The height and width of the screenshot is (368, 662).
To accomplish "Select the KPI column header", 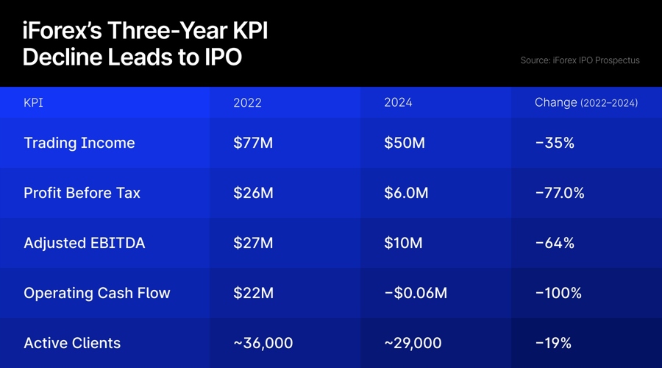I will click(33, 103).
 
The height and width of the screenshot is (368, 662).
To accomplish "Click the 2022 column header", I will click(247, 103).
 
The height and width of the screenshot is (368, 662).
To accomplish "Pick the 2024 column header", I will click(398, 103).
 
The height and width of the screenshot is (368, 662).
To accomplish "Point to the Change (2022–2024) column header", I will click(586, 103).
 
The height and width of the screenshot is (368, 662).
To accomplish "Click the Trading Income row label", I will click(79, 143).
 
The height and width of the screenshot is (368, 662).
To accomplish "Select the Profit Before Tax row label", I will click(82, 193).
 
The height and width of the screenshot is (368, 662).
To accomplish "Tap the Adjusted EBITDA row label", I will click(84, 243).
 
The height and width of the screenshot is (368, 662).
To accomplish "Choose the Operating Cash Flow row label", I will click(96, 293).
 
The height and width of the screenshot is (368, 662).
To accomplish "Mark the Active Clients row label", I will click(72, 343).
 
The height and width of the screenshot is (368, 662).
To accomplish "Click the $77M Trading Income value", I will click(253, 143).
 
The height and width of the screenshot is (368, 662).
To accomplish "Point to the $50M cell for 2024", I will click(405, 143).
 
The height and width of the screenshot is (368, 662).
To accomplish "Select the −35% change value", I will click(555, 143).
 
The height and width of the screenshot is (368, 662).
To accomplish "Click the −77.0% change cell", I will click(560, 193).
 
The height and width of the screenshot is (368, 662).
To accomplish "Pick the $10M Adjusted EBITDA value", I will click(403, 243).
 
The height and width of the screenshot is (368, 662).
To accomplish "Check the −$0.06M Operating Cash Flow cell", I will click(416, 293).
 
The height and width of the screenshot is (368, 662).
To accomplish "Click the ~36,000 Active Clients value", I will click(263, 343).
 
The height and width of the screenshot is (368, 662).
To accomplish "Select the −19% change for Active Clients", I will click(553, 343).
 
